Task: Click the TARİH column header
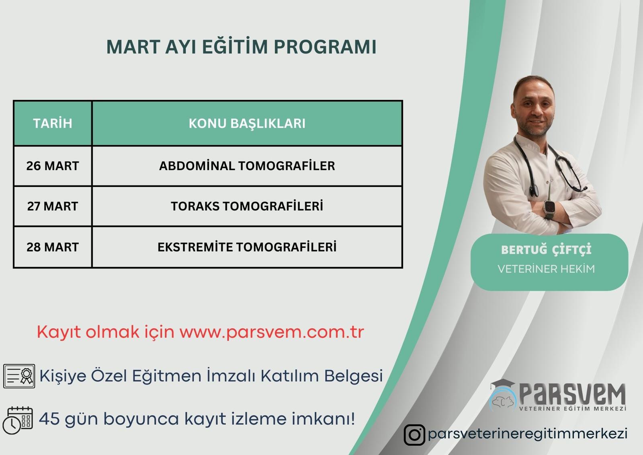pos(53,124)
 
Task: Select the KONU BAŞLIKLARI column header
pos(247,124)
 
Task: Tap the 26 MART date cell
pos(53,166)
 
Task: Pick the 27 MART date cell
pos(53,206)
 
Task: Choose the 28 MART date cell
pos(53,247)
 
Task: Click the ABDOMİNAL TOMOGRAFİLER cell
pos(247,166)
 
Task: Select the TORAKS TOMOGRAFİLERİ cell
pos(247,206)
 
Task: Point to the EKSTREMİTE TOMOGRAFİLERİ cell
pos(247,247)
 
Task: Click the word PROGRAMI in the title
pos(325,47)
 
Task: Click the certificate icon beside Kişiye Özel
pos(19,376)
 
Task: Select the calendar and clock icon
pos(18,420)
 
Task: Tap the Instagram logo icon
pos(414,435)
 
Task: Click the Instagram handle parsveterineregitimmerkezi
pos(528,434)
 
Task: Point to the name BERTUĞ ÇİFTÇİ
pos(546,249)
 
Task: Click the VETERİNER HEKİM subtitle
pos(546,269)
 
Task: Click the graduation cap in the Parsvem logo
pos(502,384)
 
